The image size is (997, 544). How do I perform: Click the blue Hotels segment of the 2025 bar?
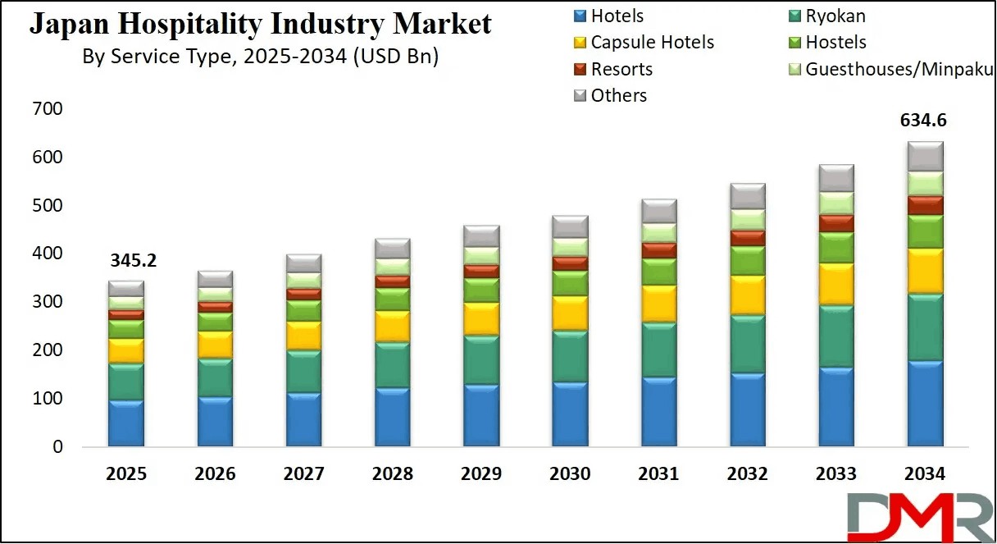126,423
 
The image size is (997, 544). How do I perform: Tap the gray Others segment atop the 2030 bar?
570,226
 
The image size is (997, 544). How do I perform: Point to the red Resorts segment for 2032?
747,238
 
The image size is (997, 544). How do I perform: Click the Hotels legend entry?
617,16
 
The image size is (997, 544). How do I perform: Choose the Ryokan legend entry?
835,16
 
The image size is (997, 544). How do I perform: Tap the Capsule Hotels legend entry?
652,42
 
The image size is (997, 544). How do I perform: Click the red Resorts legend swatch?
579,69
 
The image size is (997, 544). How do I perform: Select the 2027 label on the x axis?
303,474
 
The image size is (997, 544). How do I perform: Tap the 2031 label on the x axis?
658,474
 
